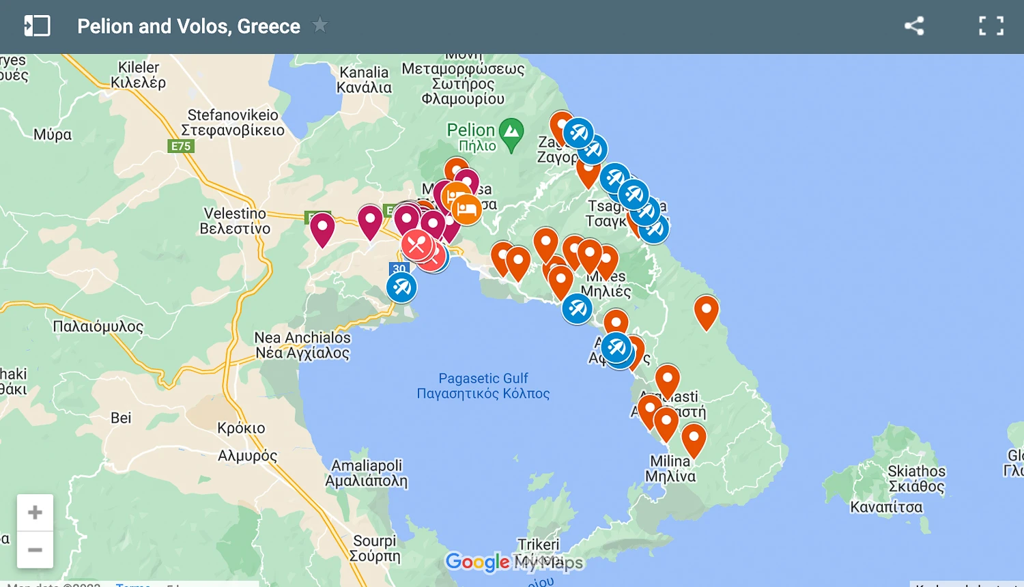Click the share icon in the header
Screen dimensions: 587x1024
point(914,26)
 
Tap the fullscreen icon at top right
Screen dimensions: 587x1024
point(991,26)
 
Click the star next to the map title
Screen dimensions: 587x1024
point(319,25)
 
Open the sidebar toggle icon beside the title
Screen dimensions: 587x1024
point(37,26)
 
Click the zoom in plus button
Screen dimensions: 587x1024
point(35,513)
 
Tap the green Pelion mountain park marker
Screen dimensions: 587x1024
point(511,134)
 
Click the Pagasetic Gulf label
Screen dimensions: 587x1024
point(483,386)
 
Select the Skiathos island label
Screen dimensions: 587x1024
point(916,478)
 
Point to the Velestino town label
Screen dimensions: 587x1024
point(235,221)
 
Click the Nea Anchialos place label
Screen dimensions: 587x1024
point(302,345)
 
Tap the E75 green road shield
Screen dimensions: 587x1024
point(181,146)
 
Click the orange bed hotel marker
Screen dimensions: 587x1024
point(467,209)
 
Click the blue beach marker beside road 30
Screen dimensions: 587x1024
point(401,287)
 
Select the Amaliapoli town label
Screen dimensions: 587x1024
point(367,473)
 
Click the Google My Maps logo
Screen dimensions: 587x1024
point(514,562)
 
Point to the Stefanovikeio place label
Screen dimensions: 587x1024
point(233,122)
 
